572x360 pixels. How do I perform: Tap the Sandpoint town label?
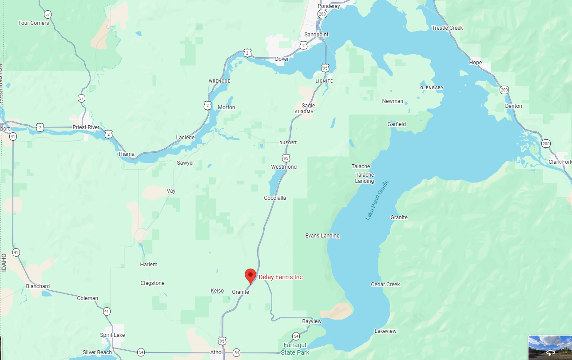[x=316, y=35]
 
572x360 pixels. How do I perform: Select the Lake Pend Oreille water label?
[x=377, y=200]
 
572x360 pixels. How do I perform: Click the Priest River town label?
[x=86, y=127]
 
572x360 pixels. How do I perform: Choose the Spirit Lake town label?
[x=112, y=335]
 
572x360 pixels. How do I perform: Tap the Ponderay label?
[x=329, y=6]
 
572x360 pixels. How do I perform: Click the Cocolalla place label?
[x=275, y=198]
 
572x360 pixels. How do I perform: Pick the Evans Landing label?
[x=322, y=236]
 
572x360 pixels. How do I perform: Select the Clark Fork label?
[x=560, y=162]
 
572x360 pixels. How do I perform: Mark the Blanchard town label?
[x=38, y=286]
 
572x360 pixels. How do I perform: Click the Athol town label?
[x=216, y=352]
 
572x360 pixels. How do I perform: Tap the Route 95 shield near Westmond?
[x=286, y=158]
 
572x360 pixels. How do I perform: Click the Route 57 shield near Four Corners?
[x=48, y=14]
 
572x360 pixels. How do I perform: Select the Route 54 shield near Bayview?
[x=296, y=336]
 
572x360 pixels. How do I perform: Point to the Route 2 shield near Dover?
[x=248, y=53]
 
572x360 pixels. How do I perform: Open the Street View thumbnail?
[x=550, y=348]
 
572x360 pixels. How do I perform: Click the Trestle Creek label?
[x=447, y=28]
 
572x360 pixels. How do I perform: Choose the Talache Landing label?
[x=364, y=178]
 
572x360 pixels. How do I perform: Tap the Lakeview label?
[x=385, y=331]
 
